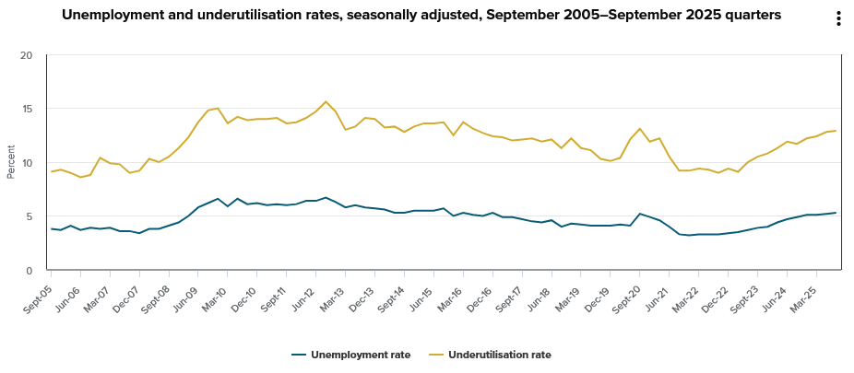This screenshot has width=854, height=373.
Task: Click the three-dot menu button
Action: point(837,19)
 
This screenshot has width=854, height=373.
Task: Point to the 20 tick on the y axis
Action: point(26,55)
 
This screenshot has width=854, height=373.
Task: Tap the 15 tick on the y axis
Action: point(26,109)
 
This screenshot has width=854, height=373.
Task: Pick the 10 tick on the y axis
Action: point(26,163)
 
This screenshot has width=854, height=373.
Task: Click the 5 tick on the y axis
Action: point(28,216)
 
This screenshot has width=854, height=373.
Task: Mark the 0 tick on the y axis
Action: point(28,271)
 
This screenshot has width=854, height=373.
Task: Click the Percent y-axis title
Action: point(11,163)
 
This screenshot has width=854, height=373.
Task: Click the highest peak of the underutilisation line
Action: point(326,101)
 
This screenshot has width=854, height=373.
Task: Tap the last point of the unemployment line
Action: point(836,213)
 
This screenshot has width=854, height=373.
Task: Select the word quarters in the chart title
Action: point(751,16)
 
